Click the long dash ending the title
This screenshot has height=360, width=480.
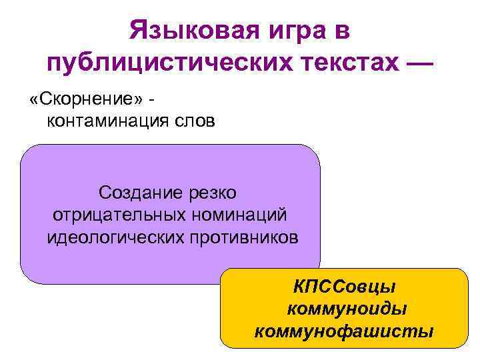tap(417, 64)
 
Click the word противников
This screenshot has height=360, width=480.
tap(241, 237)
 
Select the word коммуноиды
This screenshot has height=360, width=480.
tap(346, 309)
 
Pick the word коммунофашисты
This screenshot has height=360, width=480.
tap(344, 331)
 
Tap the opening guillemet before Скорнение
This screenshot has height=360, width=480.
tap(34, 101)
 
